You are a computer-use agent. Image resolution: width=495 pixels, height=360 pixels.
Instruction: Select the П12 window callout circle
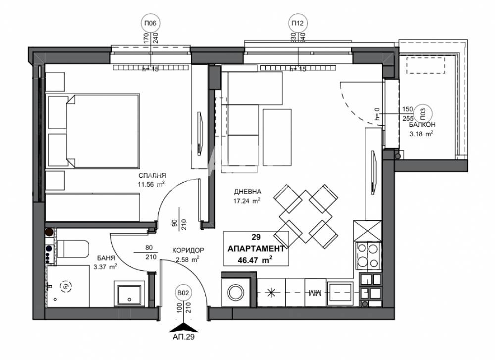pyautogui.click(x=297, y=23)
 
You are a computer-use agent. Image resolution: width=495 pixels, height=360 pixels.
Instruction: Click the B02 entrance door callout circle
pyautogui.click(x=184, y=294)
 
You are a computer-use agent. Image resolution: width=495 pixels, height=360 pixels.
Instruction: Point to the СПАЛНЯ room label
pyautogui.click(x=151, y=176)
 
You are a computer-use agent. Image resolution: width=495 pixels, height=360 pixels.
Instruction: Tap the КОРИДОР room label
pyautogui.click(x=188, y=250)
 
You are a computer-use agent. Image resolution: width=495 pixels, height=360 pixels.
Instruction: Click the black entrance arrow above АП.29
pyautogui.click(x=184, y=326)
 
